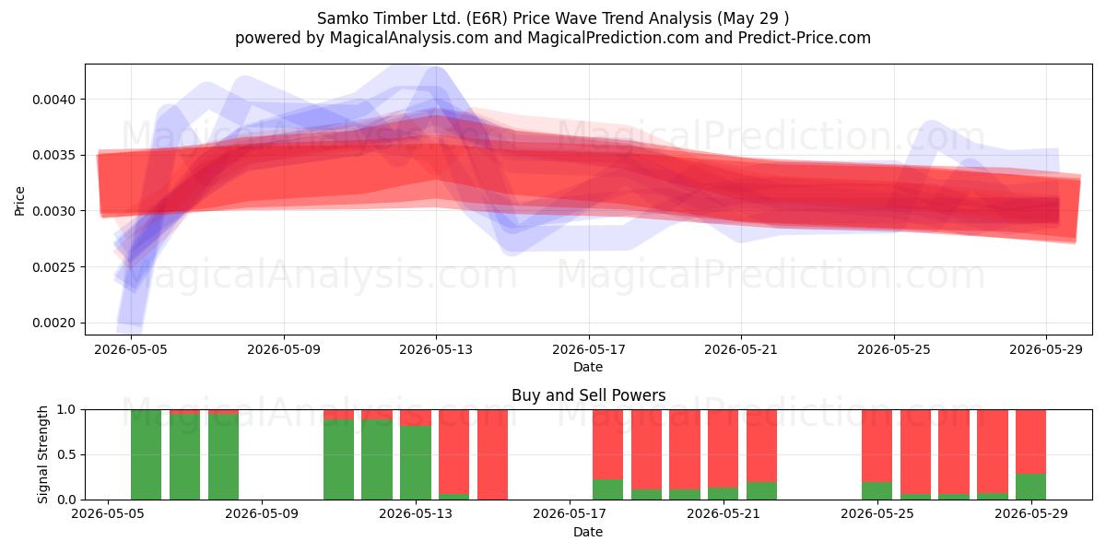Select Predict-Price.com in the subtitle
[x=805, y=38]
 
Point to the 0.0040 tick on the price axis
[x=53, y=100]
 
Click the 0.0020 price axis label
[x=53, y=323]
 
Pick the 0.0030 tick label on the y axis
[x=53, y=211]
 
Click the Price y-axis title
[x=19, y=201]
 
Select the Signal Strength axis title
[x=42, y=454]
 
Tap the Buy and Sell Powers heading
[x=589, y=395]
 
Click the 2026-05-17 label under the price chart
[x=589, y=349]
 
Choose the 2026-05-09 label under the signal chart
[x=262, y=514]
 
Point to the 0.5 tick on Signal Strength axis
[x=66, y=454]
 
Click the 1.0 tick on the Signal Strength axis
[x=66, y=410]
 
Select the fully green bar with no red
[x=147, y=454]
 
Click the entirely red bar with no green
[x=493, y=454]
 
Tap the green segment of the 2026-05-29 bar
[x=1031, y=487]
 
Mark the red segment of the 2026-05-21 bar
[x=723, y=448]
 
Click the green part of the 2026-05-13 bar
[x=416, y=462]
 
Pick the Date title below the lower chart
[x=588, y=532]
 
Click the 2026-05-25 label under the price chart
[x=894, y=349]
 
